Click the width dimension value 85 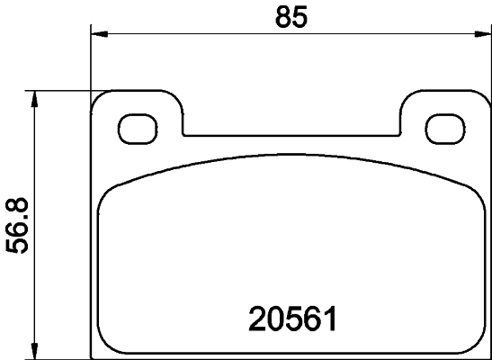tap(289, 17)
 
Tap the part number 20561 tap(291, 319)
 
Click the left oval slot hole tap(137, 128)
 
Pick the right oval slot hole tap(443, 128)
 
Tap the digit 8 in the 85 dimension tap(280, 17)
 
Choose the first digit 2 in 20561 tap(255, 319)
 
